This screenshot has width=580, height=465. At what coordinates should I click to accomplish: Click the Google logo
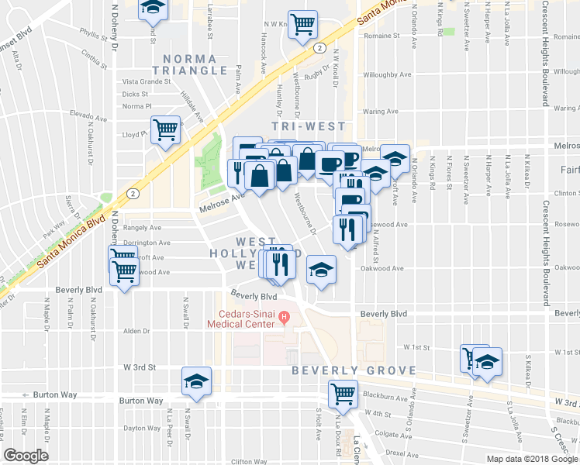click(x=26, y=456)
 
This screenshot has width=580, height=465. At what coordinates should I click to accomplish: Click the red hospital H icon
click(x=285, y=315)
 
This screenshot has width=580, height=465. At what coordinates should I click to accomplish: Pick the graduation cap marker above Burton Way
click(x=196, y=381)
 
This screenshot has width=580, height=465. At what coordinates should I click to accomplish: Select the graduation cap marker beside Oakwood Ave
click(x=321, y=270)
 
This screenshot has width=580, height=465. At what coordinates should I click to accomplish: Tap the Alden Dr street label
click(x=136, y=331)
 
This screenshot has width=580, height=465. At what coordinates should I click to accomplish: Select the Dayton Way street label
click(x=141, y=428)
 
